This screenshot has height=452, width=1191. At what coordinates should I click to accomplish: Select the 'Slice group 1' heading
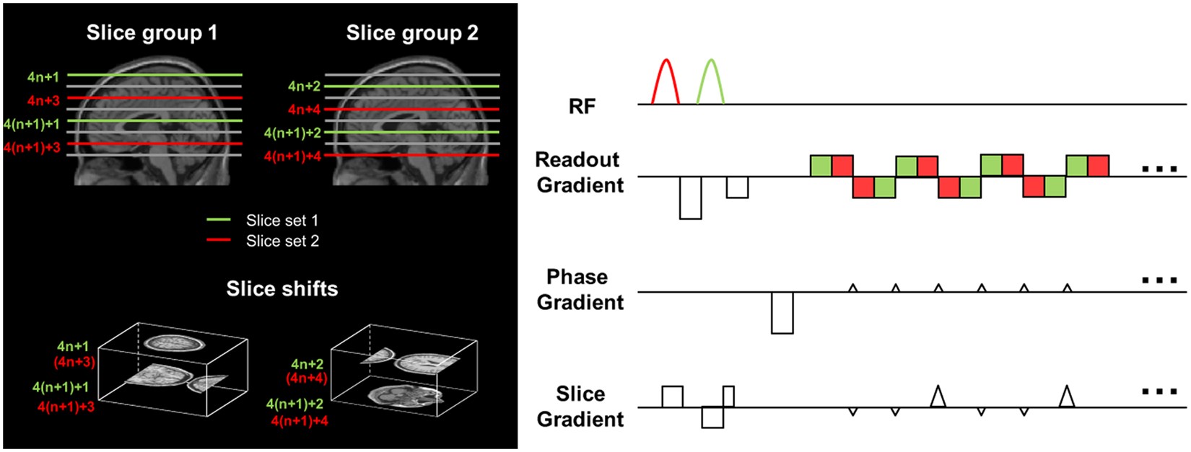[152, 33]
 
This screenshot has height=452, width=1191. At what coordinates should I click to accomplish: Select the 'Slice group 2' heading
[411, 33]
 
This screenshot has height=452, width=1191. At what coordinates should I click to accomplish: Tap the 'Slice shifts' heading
[282, 289]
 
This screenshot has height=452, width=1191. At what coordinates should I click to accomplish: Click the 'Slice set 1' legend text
[282, 221]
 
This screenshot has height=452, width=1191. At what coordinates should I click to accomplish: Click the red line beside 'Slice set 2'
[219, 241]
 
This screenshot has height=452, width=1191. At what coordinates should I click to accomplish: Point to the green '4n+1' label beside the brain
[43, 76]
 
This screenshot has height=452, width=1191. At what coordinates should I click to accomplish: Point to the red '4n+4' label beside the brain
[304, 110]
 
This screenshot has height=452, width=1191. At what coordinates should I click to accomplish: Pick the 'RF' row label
[582, 107]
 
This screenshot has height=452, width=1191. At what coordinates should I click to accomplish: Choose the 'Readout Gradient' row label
[580, 172]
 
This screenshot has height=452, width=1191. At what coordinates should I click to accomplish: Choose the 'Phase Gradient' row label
[580, 289]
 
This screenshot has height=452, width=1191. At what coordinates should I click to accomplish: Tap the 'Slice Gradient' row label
[580, 407]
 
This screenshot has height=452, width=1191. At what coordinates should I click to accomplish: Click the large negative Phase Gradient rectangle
[782, 312]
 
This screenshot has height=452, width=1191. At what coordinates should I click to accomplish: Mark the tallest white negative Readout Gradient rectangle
[691, 198]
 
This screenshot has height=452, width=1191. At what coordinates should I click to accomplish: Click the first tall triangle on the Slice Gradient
[938, 396]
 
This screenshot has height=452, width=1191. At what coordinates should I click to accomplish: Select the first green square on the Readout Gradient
[821, 166]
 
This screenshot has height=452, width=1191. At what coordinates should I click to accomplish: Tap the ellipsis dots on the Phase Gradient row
[1159, 280]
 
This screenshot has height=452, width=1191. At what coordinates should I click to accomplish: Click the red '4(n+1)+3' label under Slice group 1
[32, 147]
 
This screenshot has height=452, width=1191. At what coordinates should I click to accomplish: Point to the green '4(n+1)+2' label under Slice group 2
[292, 133]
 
